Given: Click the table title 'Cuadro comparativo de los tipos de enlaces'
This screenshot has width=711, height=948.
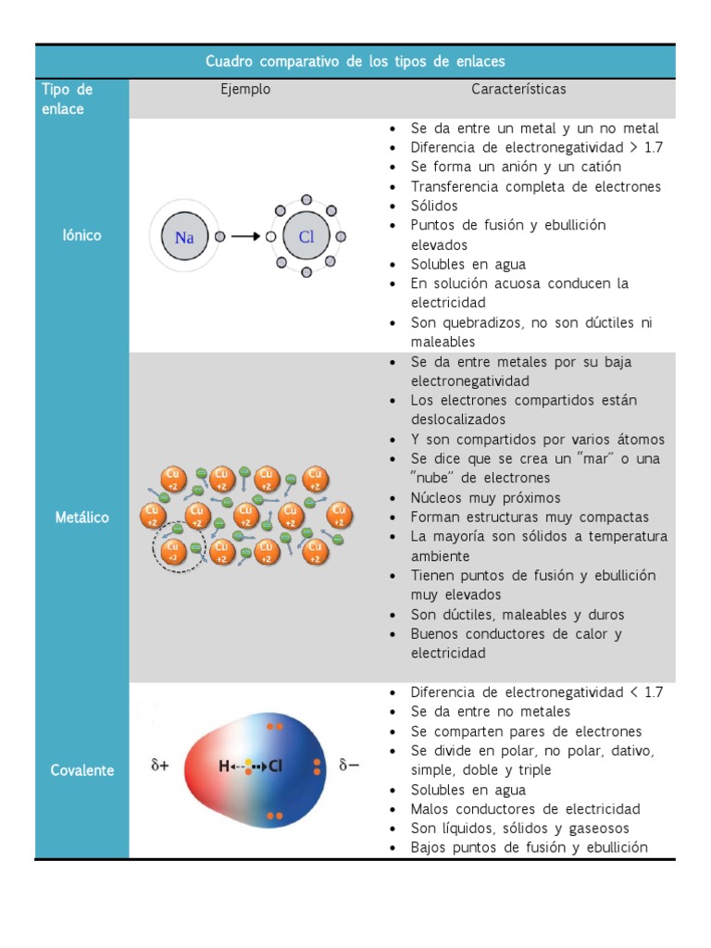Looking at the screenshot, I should tap(355, 61).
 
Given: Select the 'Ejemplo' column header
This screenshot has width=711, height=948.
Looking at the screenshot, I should tap(245, 90).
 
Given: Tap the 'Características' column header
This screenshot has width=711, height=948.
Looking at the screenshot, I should tap(518, 90).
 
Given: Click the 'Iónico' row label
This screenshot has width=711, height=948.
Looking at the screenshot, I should tap(81, 235).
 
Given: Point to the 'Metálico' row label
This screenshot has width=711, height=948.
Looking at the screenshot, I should tap(81, 518).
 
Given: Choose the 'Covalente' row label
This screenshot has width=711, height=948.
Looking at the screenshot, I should tap(81, 770).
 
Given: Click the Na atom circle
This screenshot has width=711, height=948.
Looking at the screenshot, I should tap(184, 237).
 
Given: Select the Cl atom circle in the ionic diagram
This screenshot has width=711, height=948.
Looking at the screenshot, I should tap(306, 237).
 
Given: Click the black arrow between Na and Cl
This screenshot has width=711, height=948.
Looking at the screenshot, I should tap(245, 237).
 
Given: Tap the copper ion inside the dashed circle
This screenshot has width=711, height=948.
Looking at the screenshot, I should tap(173, 551).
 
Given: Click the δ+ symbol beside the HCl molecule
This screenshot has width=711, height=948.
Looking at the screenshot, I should tap(160, 766).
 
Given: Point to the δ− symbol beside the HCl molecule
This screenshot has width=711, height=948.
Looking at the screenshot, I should tap(349, 766).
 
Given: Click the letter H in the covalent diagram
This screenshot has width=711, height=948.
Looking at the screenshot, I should tap(224, 767).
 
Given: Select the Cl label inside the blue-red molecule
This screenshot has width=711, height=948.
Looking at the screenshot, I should tap(275, 767).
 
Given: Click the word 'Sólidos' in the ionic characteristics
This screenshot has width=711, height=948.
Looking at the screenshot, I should tap(434, 206).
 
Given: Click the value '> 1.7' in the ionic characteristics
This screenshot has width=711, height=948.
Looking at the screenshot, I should tap(644, 147).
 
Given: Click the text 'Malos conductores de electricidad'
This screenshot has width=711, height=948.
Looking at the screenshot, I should tap(525, 809).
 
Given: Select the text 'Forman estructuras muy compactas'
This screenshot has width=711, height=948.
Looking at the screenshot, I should tap(530, 518).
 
